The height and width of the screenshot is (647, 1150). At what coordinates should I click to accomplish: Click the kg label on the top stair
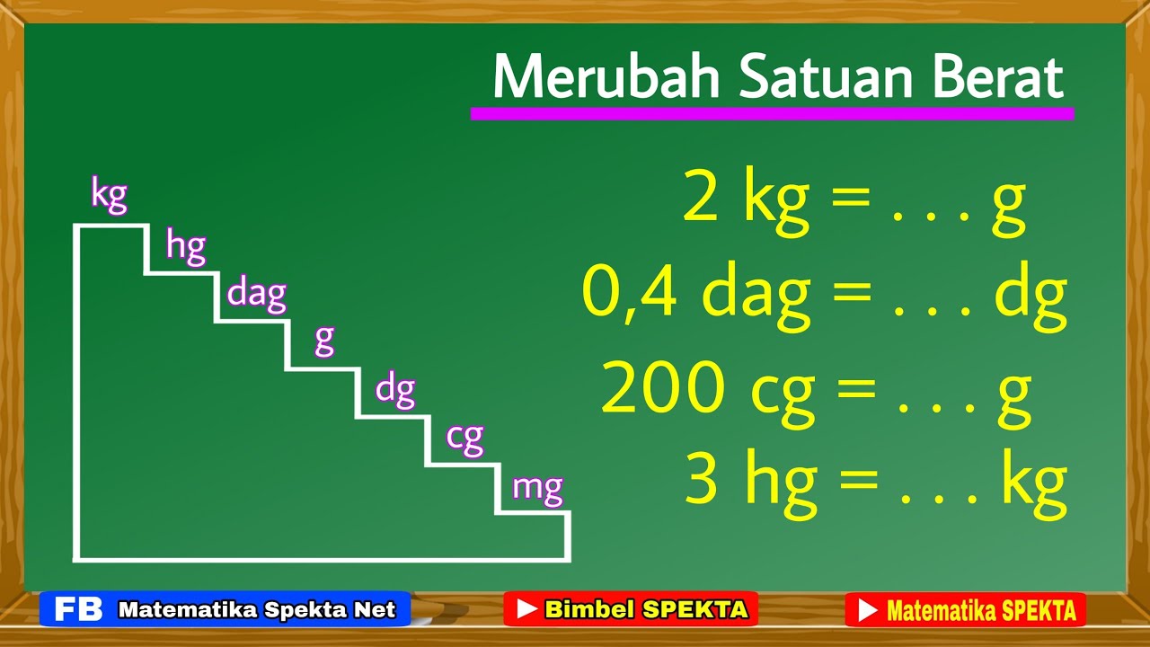109,195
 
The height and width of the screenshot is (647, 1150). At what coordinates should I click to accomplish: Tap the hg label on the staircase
186,246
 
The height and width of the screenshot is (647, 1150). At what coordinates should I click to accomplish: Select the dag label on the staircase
256,293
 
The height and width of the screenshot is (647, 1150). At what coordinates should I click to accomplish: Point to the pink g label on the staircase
324,340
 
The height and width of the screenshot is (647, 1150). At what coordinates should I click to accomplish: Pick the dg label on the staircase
395,390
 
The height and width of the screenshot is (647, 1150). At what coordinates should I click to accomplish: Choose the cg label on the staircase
464,438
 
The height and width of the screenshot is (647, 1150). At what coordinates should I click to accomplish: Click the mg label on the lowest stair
537,488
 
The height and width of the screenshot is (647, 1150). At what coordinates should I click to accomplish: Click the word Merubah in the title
606,78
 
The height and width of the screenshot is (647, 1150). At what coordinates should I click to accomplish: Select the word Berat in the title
997,78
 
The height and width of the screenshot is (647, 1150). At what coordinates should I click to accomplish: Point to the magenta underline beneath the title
772,114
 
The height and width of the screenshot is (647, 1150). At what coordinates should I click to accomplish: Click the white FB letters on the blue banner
78,609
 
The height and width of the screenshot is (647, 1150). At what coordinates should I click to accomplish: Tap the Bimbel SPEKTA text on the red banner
645,609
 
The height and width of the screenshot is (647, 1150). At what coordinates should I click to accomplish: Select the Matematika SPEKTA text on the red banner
980,610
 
